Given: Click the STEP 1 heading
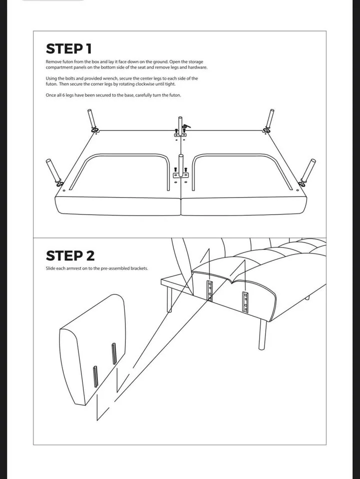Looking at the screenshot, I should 69,49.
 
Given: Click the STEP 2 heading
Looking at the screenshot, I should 70,256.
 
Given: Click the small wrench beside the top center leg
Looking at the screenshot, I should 186,127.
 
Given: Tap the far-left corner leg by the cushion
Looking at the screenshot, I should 53,171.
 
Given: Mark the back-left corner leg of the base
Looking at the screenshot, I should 92,120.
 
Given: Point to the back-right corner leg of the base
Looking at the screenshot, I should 269,120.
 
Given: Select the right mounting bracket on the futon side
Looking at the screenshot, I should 245,301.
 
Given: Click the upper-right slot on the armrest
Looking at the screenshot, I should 114,353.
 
